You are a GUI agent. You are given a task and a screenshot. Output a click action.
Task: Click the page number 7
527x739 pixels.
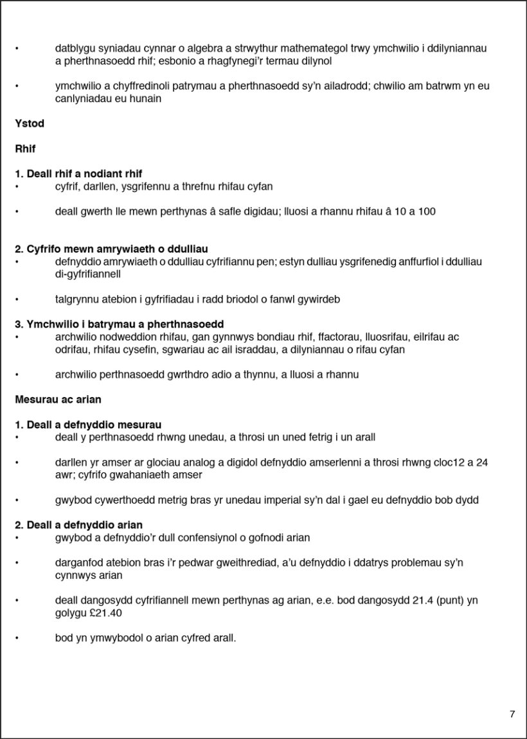click(512, 714)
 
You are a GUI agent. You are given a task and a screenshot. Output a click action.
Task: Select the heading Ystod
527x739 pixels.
click(30, 123)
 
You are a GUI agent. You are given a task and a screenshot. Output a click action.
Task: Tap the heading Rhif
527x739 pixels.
click(25, 148)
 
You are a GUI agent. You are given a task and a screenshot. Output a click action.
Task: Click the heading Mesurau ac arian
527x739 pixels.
click(58, 399)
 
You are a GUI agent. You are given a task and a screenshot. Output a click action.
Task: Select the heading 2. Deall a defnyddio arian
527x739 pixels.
click(78, 525)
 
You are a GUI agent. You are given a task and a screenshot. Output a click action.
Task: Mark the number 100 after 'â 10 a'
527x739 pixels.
click(427, 211)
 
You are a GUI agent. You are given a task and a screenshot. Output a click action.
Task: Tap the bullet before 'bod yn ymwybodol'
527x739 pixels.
click(17, 638)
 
